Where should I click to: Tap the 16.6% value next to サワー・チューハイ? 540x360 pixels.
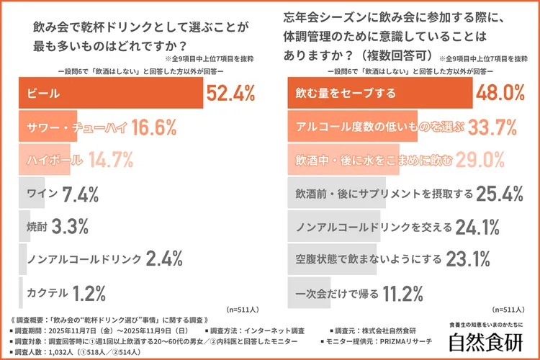click(155, 127)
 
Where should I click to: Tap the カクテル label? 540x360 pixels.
click(48, 294)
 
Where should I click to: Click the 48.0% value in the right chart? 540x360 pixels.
click(501, 94)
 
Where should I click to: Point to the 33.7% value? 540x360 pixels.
click(492, 127)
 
